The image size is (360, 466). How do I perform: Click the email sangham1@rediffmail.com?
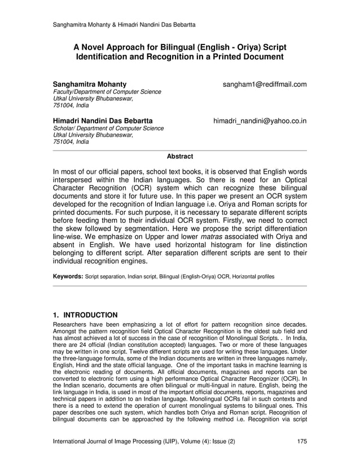coord(265,85)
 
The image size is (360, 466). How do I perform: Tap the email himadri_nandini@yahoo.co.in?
coord(260,121)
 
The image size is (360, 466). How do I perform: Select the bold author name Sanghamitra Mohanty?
coord(90,85)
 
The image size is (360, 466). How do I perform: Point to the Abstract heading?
coord(180,156)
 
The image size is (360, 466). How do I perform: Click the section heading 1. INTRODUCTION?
coord(85,315)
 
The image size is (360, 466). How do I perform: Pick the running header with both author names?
coord(124,24)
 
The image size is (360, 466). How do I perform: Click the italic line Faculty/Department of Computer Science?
coord(107,92)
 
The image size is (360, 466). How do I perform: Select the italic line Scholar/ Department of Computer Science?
coord(108,129)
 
